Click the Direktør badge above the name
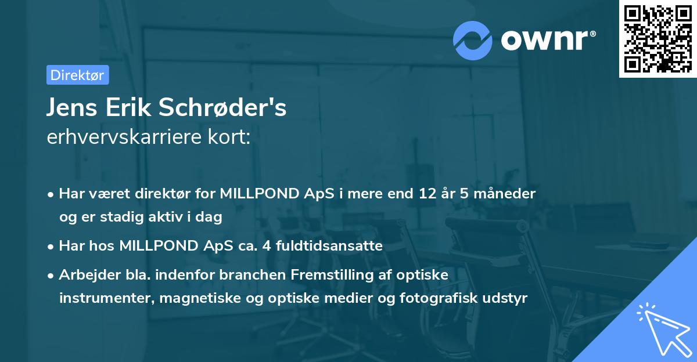click(77, 75)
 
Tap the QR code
click(658, 38)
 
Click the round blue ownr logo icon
click(473, 40)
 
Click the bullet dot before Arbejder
click(51, 276)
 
